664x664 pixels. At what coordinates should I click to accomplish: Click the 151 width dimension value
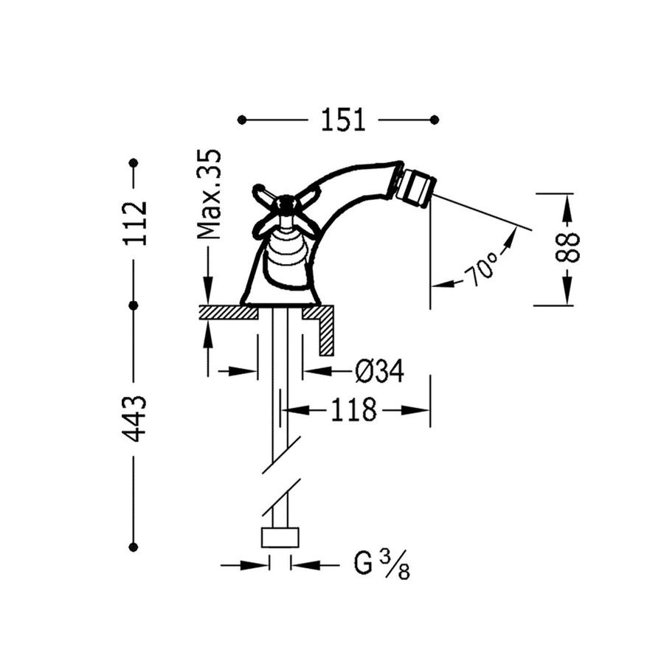pos(342,120)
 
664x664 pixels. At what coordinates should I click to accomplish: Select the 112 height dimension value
pos(134,223)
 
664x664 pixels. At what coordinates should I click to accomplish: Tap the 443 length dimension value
pos(134,418)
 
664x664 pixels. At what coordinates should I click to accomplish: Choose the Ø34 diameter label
pos(379,372)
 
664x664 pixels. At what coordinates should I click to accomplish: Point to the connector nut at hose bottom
pos(280,538)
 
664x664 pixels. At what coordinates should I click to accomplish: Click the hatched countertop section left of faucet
pos(226,313)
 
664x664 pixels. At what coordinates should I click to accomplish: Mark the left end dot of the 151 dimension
pos(242,120)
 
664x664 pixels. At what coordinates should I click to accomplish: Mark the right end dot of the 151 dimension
pos(435,120)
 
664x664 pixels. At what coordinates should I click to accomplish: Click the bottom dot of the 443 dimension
pos(134,547)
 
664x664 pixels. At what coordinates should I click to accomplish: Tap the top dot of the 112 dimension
pos(134,162)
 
